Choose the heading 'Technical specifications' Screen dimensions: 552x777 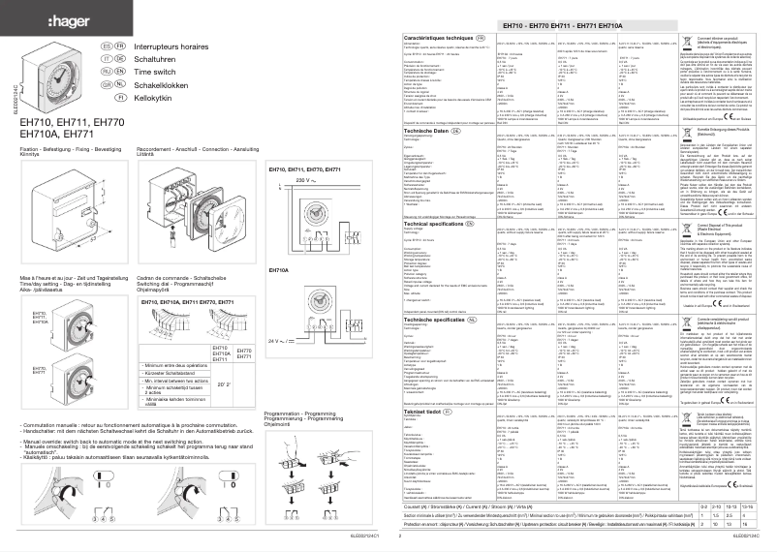pos(442,250)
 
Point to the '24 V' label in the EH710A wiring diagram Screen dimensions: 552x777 pos(223,371)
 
